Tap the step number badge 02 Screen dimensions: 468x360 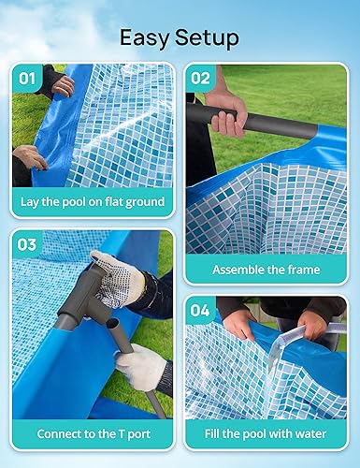tap(201, 80)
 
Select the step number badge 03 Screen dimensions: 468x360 tap(28, 245)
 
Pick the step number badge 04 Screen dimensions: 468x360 tap(201, 311)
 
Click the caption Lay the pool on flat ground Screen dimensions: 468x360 tap(93, 202)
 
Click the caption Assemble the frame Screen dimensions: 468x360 tap(266, 270)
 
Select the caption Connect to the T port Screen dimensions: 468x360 tap(93, 433)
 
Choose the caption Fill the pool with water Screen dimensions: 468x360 tap(266, 433)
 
